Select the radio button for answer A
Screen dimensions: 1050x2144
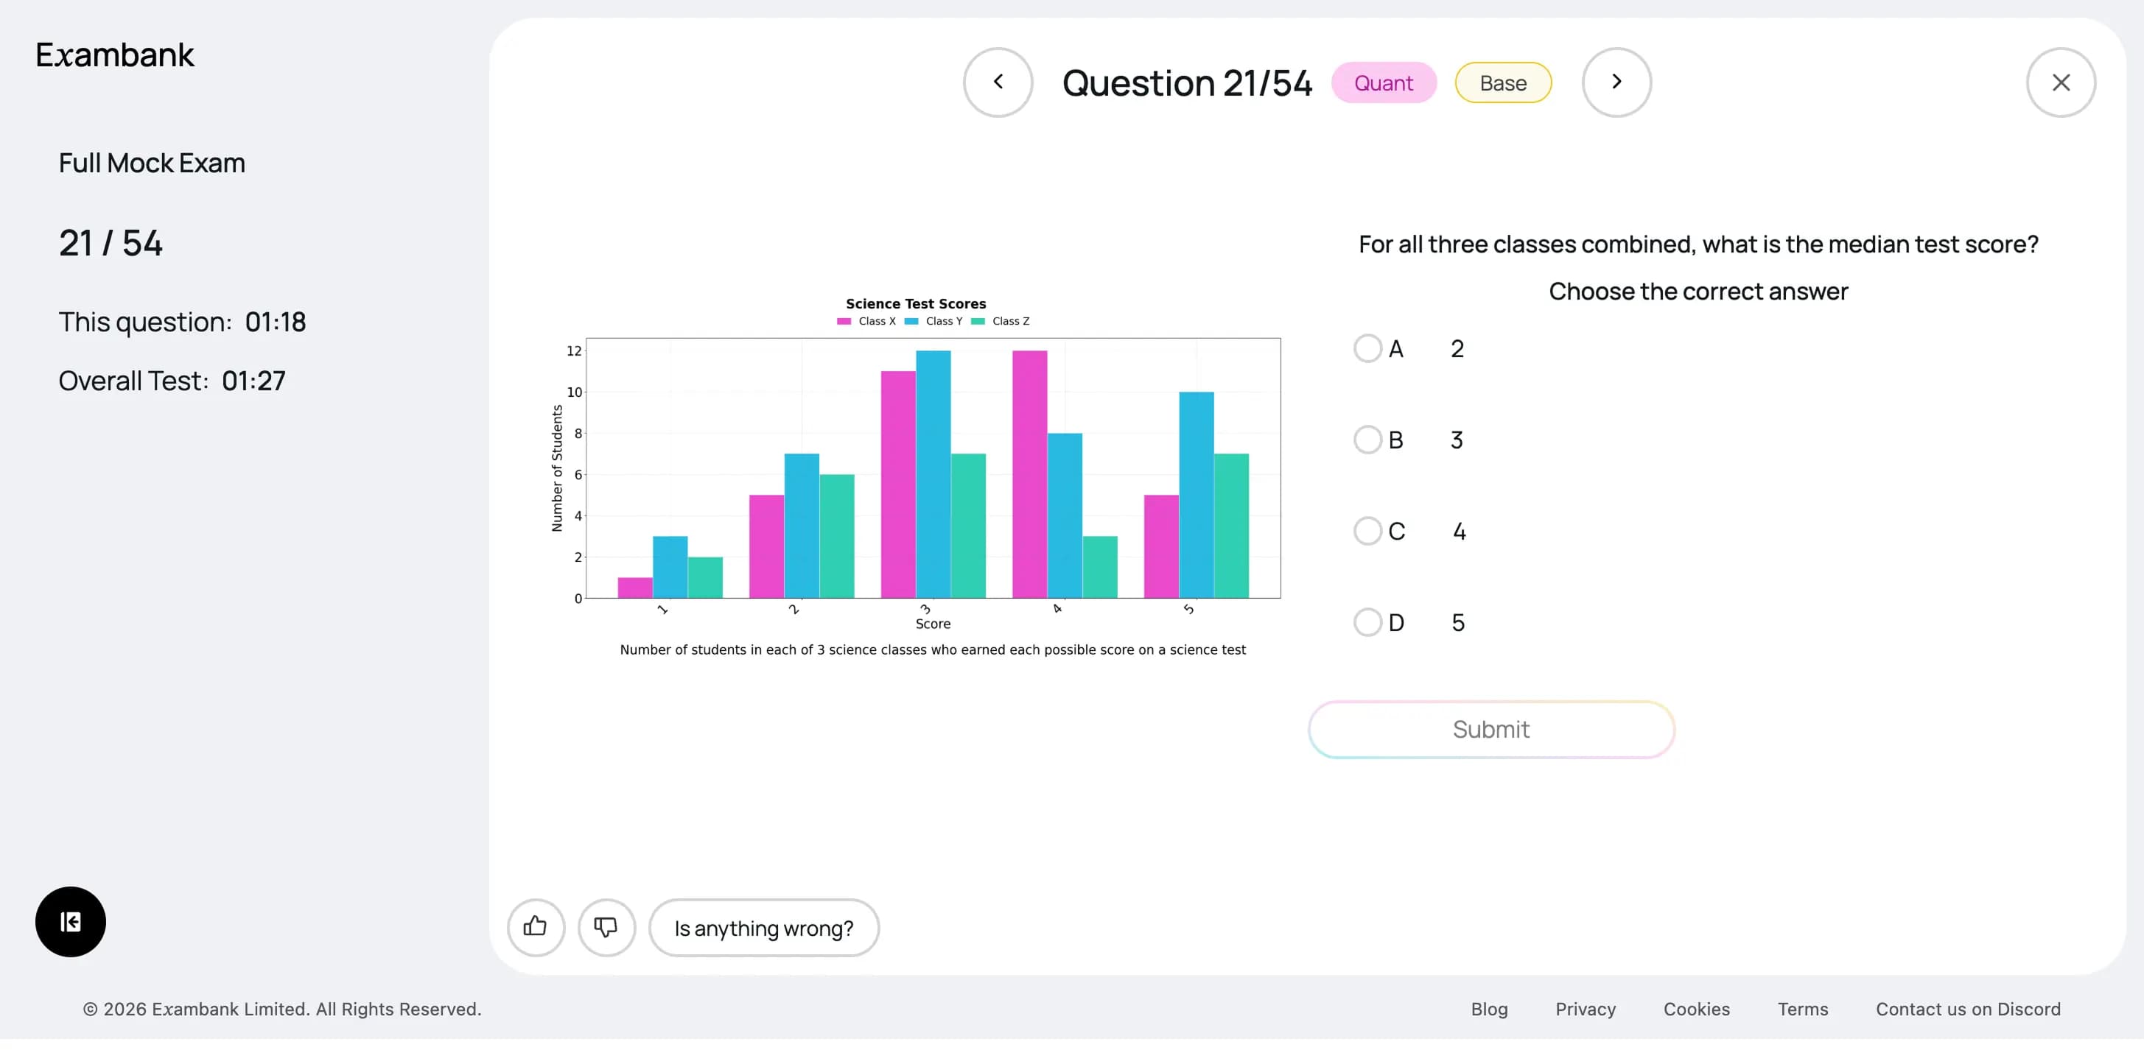(1367, 348)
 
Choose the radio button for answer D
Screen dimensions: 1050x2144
(1367, 622)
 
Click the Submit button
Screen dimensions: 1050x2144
(1490, 730)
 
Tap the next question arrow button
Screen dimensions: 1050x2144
(1616, 82)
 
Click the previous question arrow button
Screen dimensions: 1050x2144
(998, 82)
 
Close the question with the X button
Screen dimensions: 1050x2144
(2061, 82)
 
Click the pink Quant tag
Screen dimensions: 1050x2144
(1383, 83)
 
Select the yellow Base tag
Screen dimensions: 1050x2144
(1503, 83)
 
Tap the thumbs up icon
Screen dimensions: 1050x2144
(535, 927)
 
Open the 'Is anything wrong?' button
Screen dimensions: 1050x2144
(763, 928)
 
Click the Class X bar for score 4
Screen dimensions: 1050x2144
(1029, 474)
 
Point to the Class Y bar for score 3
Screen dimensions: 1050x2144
(933, 474)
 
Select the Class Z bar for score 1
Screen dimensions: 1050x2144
(705, 577)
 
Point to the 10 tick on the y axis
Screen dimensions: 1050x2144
(574, 392)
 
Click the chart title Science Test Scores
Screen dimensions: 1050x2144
(916, 303)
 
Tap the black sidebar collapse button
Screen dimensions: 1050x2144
(71, 922)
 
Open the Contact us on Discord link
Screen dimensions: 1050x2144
(1968, 1010)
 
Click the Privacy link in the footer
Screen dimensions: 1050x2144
(1585, 1010)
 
